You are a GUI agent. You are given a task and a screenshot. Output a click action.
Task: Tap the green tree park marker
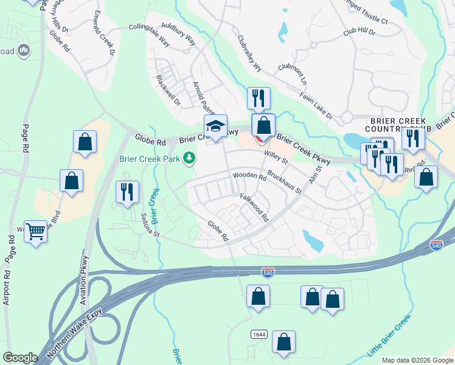tap(190, 159)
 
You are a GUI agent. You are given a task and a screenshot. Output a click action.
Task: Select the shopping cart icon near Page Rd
tap(36, 231)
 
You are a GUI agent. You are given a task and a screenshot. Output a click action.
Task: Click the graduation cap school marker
tap(215, 127)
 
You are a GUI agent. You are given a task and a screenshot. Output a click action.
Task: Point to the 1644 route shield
tap(258, 335)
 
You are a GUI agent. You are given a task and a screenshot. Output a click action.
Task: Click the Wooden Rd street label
tap(249, 177)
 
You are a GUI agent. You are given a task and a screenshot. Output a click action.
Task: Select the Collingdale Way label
tap(150, 36)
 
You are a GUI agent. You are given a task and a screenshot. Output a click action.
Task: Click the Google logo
tap(20, 358)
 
